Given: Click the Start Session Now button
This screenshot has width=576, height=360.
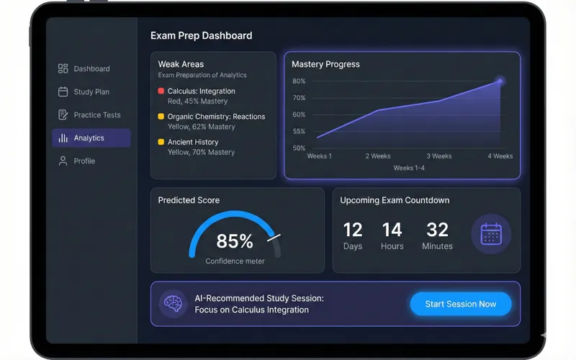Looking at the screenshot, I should coord(461,304).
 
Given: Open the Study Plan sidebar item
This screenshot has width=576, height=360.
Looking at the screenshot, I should coord(91,92).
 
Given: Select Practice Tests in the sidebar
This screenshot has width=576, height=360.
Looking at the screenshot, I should coord(97,115).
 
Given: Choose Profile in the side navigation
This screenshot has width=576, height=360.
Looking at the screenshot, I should coord(84,161).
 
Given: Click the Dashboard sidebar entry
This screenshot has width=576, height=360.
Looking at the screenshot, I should coord(91,69).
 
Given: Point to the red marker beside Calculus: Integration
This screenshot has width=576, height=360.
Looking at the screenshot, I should coord(161,91).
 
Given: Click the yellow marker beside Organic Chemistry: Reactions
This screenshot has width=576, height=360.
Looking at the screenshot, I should coord(161,117).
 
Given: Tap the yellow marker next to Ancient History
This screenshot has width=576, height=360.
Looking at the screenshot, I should coord(161,143).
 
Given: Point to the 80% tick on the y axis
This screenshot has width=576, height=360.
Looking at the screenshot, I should coord(299,81).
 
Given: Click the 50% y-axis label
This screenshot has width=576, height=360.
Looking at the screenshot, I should coord(299,148).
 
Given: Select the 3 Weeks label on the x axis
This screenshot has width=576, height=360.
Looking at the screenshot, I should coord(438,156).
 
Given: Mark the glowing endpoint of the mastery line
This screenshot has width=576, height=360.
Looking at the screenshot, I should coord(500,81).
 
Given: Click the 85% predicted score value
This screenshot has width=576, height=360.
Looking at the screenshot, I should coord(235,240).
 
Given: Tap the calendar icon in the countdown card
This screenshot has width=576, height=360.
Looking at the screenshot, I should coord(491,234).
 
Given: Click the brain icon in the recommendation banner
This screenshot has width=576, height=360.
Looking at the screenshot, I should coord(173,304).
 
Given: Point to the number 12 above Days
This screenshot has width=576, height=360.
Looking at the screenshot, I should coord(353,230).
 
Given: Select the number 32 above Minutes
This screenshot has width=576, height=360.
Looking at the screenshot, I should coord(437,230).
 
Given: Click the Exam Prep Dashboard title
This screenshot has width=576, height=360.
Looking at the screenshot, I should coord(201,35).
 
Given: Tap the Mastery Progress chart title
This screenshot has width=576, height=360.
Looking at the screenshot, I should coord(325,64).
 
